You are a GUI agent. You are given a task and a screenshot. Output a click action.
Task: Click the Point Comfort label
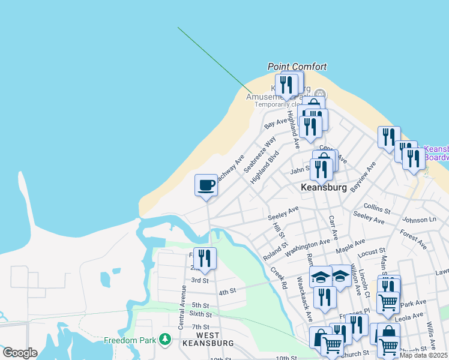coord(297,67)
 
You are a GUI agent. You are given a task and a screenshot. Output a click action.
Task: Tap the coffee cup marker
coord(206,185)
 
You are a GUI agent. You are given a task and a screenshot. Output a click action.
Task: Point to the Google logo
coord(20,353)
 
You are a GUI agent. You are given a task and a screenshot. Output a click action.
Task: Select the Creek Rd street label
coord(279,276)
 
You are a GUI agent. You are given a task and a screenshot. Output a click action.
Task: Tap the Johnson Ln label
coord(420,220)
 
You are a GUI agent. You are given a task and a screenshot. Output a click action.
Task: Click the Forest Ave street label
coord(413,238)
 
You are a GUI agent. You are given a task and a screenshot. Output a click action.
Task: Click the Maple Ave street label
coord(351,245)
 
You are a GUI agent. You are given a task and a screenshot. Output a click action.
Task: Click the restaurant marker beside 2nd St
coord(205,258)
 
